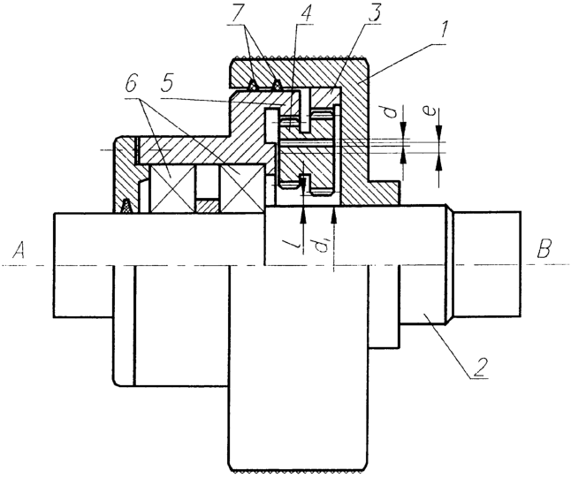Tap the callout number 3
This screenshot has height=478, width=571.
click(x=374, y=13)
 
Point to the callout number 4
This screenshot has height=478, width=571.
click(x=306, y=13)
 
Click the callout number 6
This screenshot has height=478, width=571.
click(x=130, y=87)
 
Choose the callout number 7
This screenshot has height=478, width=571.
click(x=237, y=13)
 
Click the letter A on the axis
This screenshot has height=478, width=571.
click(x=19, y=250)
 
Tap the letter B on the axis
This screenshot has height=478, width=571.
click(x=544, y=249)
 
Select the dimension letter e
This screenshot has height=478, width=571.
click(x=430, y=111)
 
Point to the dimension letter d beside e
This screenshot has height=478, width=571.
click(x=391, y=111)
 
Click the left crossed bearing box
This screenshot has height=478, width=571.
click(x=171, y=188)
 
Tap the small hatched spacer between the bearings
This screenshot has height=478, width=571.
click(x=207, y=206)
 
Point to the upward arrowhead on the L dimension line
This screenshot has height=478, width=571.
click(x=302, y=216)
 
